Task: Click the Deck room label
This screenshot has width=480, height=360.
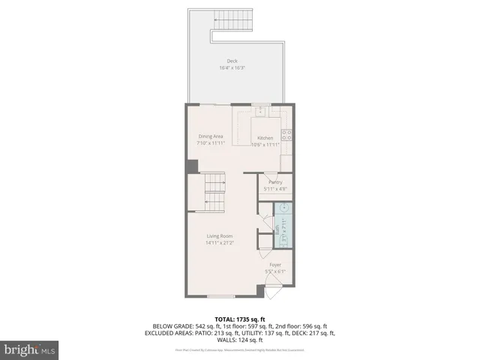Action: pos(232,61)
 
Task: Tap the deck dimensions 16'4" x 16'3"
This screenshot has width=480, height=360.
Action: pos(232,68)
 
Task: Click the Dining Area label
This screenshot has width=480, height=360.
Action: pos(209,136)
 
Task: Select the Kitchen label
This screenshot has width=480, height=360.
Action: pos(265,138)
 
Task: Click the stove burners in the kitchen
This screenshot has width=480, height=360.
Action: pos(286,136)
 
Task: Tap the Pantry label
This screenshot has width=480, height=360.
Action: pos(275,182)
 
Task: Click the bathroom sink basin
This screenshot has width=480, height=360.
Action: pos(286,209)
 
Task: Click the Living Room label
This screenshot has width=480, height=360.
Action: pos(220,236)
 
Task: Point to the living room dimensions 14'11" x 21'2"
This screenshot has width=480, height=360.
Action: pos(220,243)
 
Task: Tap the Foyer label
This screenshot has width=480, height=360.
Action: pos(276,265)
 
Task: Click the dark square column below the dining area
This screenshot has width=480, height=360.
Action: pos(192,166)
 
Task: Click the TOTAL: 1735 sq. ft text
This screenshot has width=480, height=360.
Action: pos(240,319)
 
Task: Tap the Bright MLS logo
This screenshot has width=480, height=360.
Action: pos(30,349)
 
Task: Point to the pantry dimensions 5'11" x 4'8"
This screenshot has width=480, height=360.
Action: pos(275,189)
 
